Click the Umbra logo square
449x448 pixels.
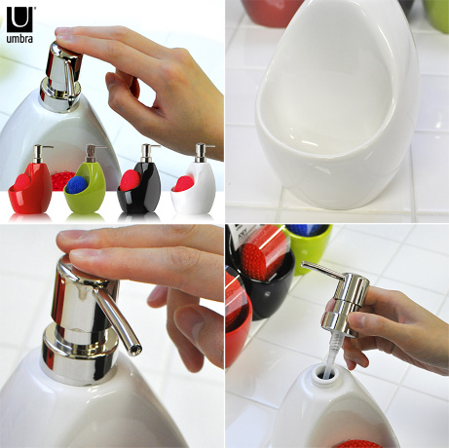click(x=19, y=19)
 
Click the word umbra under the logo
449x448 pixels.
click(x=19, y=39)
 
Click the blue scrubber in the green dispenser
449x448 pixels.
click(x=78, y=185)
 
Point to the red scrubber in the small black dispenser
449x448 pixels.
click(x=131, y=180)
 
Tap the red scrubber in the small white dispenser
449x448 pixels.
click(x=183, y=184)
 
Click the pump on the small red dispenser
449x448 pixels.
click(x=40, y=154)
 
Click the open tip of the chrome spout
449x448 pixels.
click(x=135, y=350)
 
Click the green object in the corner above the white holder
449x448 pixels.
click(x=436, y=15)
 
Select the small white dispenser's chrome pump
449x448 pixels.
click(x=202, y=153)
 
